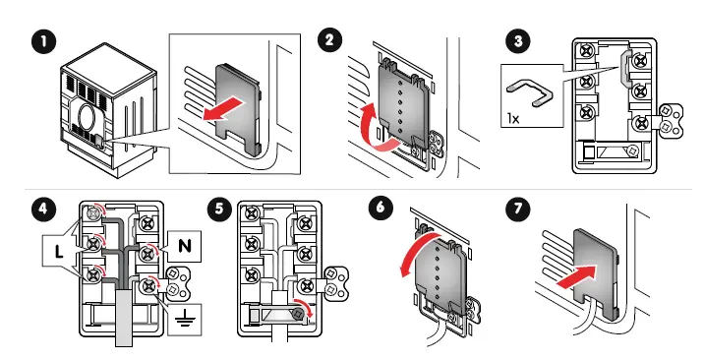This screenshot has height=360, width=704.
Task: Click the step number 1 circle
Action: [x=44, y=43]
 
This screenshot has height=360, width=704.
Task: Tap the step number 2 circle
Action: [x=329, y=41]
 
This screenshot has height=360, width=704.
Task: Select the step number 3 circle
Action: [x=518, y=42]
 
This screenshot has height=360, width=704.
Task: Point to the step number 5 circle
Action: [x=219, y=210]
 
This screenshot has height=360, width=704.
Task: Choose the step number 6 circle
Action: [x=381, y=208]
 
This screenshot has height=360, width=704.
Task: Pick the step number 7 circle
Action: [x=518, y=210]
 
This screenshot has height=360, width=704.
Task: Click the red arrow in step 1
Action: [x=224, y=110]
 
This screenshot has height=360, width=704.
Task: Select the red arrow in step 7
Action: [x=577, y=275]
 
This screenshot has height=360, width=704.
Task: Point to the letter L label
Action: [x=58, y=252]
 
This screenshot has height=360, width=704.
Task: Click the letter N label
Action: [x=185, y=247]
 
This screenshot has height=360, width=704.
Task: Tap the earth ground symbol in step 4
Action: [x=185, y=320]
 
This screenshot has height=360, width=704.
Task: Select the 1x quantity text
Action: [x=513, y=118]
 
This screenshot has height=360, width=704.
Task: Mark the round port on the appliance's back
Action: [x=87, y=116]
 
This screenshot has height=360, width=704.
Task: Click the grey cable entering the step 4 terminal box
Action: [x=124, y=318]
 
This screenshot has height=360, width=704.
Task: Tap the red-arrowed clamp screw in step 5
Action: [x=297, y=313]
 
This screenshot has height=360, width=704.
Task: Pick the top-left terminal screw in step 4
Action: [x=93, y=213]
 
